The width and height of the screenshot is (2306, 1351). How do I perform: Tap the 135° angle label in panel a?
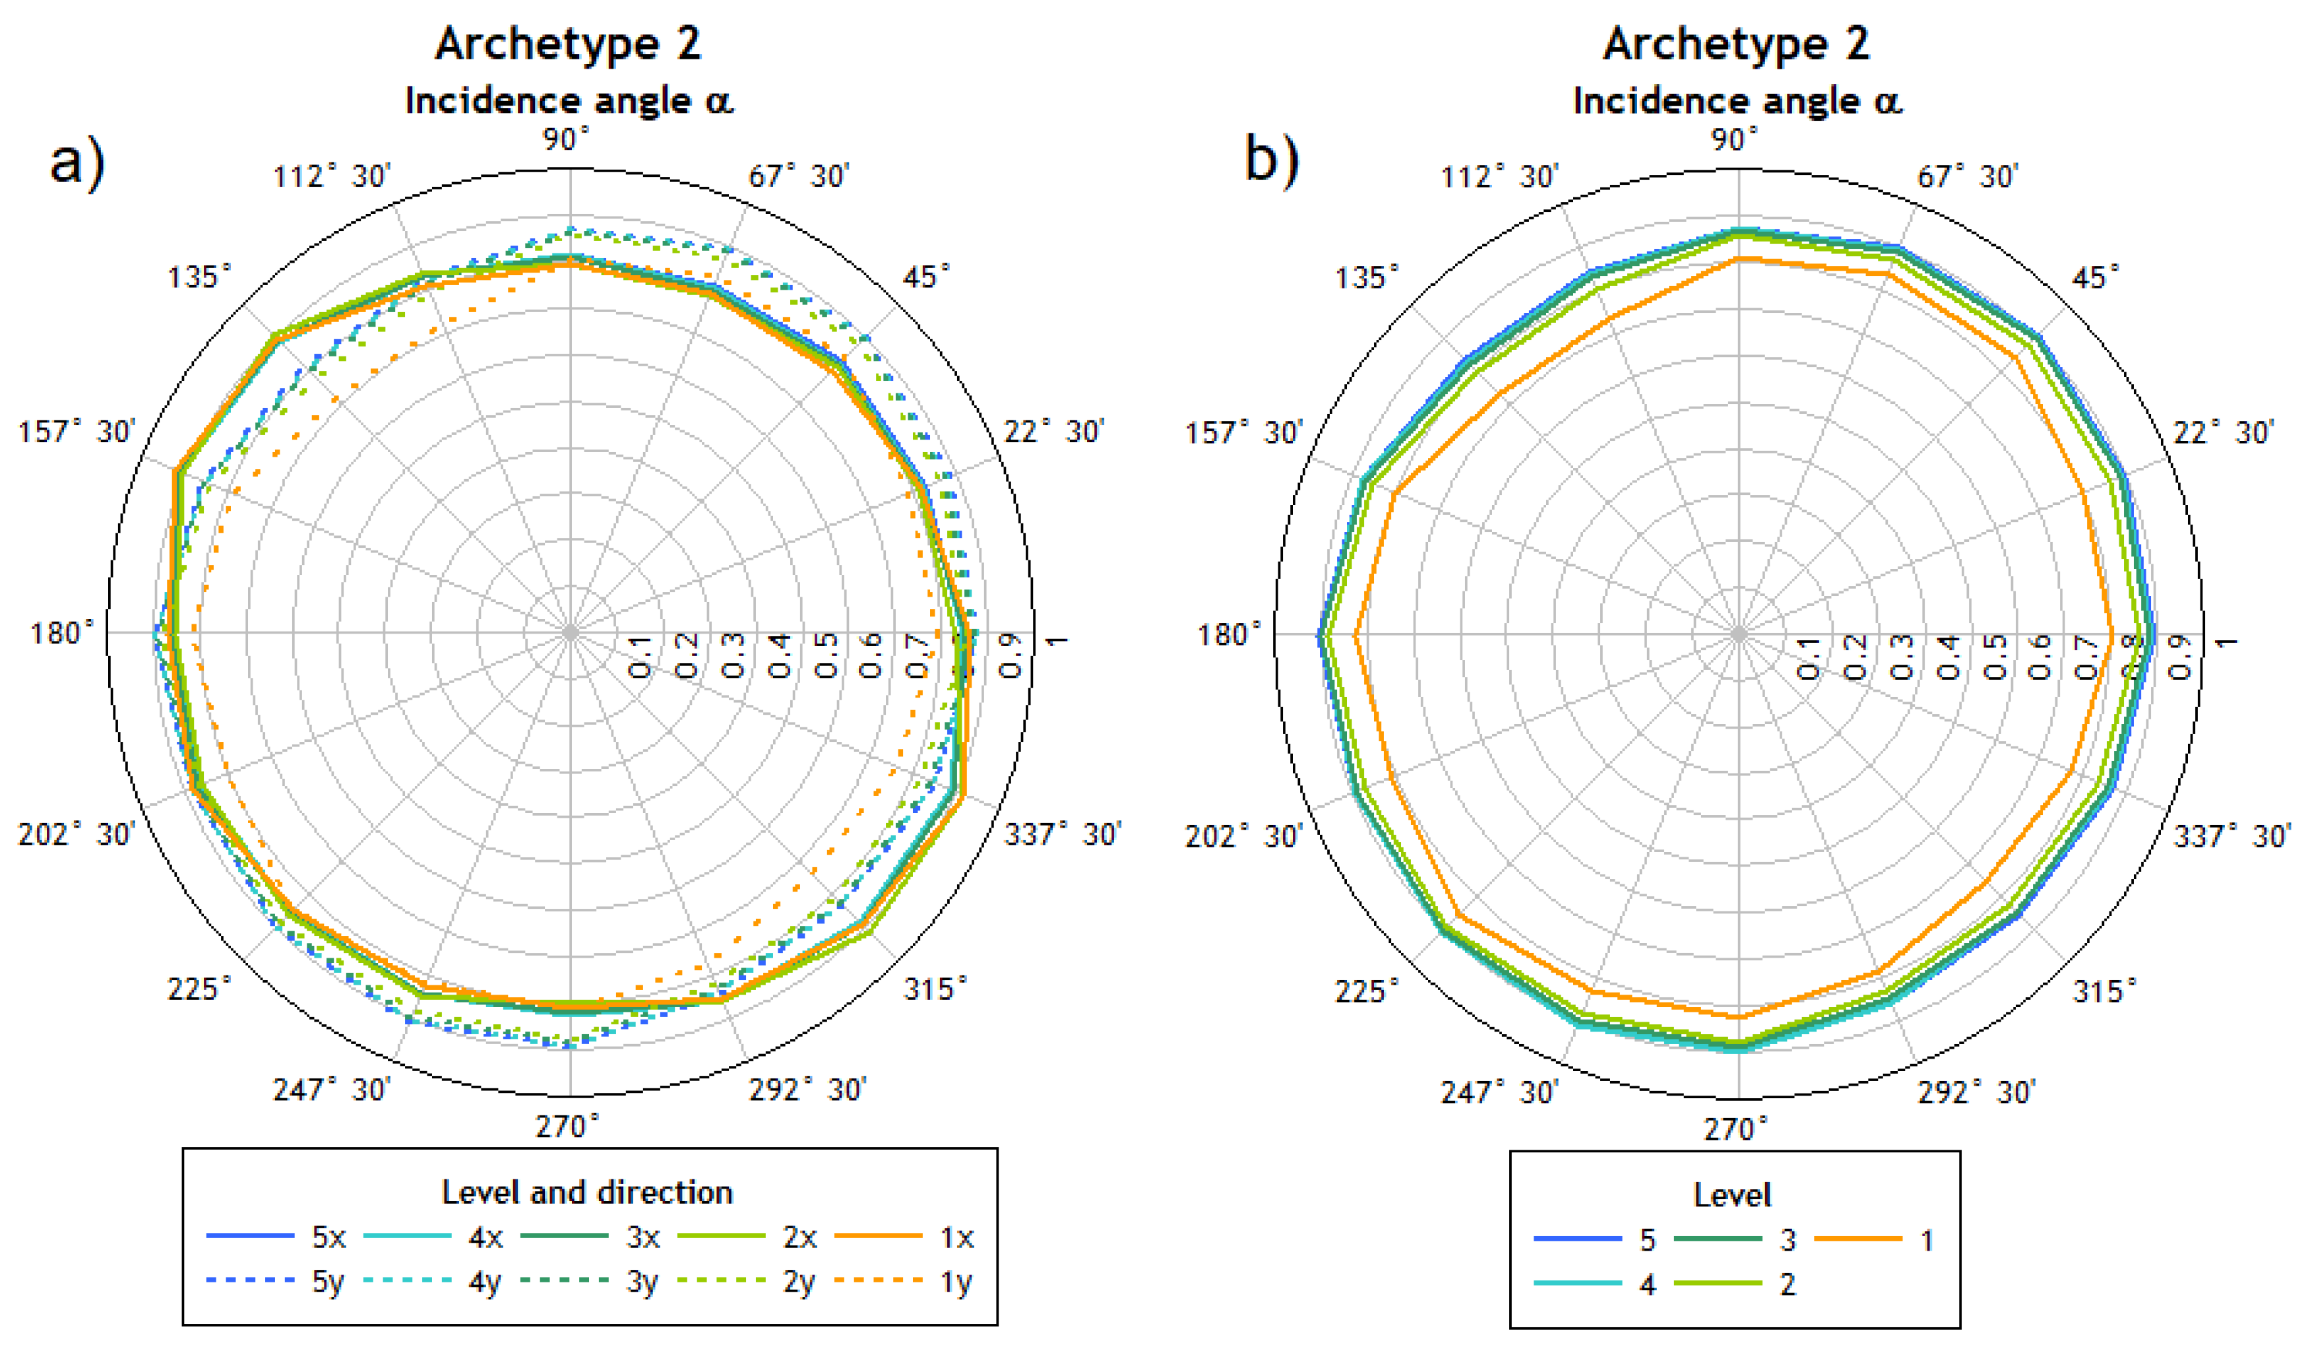199,277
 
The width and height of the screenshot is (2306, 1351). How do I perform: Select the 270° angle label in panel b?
1735,1129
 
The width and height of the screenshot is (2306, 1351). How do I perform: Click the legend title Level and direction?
588,1193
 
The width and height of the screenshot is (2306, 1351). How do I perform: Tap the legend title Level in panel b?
1732,1195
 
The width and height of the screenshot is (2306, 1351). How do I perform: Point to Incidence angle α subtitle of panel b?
1737,101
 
